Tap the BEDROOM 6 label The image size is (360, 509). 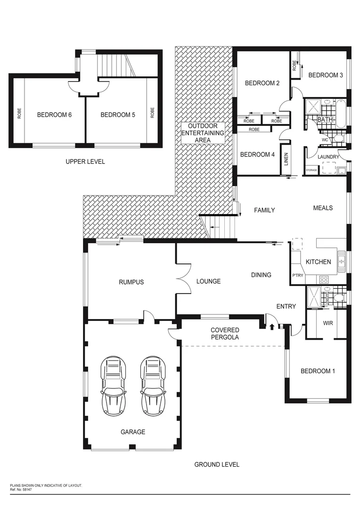click(x=54, y=115)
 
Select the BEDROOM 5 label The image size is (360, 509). click(x=118, y=115)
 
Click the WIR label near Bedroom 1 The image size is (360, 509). click(x=328, y=324)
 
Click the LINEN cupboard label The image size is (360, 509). click(x=286, y=159)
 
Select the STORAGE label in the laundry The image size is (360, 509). click(x=311, y=170)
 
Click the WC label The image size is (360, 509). click(x=325, y=140)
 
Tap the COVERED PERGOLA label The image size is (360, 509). click(x=225, y=334)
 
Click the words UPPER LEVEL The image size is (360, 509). click(x=85, y=162)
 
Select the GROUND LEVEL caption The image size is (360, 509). click(x=217, y=464)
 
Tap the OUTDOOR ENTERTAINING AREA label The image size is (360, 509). click(x=203, y=133)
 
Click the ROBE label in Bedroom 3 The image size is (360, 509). click(x=295, y=66)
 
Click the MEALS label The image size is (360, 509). click(x=323, y=208)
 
